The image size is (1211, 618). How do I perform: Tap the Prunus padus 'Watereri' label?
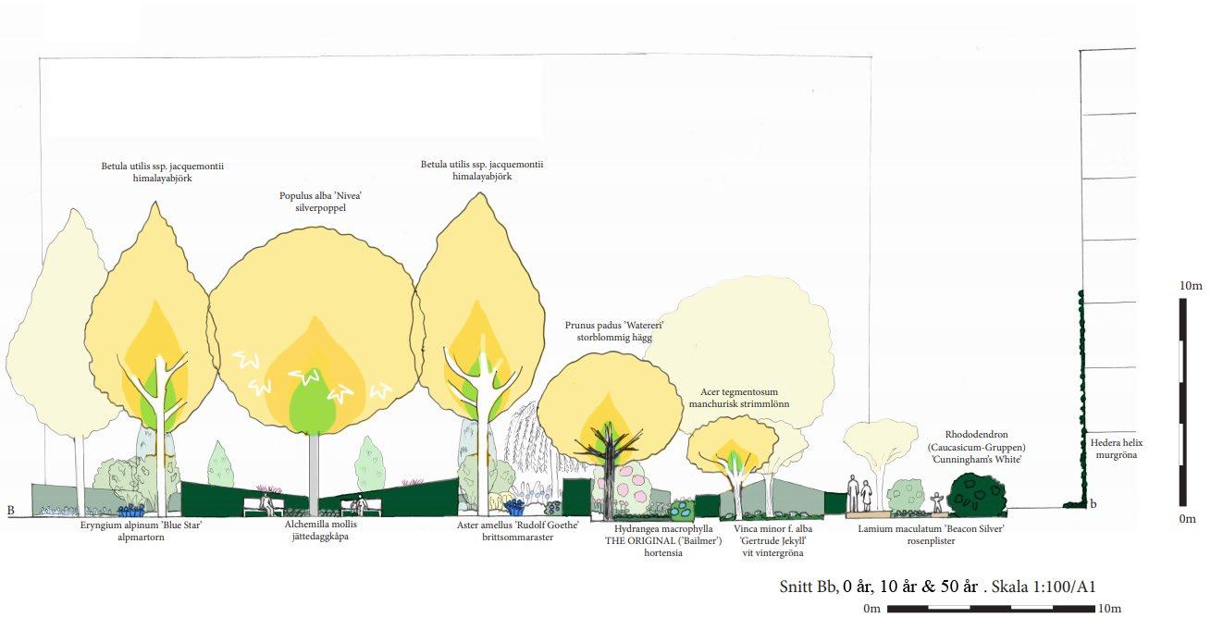click(615, 331)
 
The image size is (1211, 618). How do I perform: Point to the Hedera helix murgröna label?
click(1114, 449)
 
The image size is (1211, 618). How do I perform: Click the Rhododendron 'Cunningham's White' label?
click(982, 447)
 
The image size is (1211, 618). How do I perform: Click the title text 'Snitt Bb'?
click(809, 587)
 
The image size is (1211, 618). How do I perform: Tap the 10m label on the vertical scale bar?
click(1190, 286)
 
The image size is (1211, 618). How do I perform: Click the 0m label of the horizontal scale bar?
click(871, 608)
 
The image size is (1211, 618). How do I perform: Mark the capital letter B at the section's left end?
click(11, 511)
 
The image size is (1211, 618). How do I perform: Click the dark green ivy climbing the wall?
click(1080, 398)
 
